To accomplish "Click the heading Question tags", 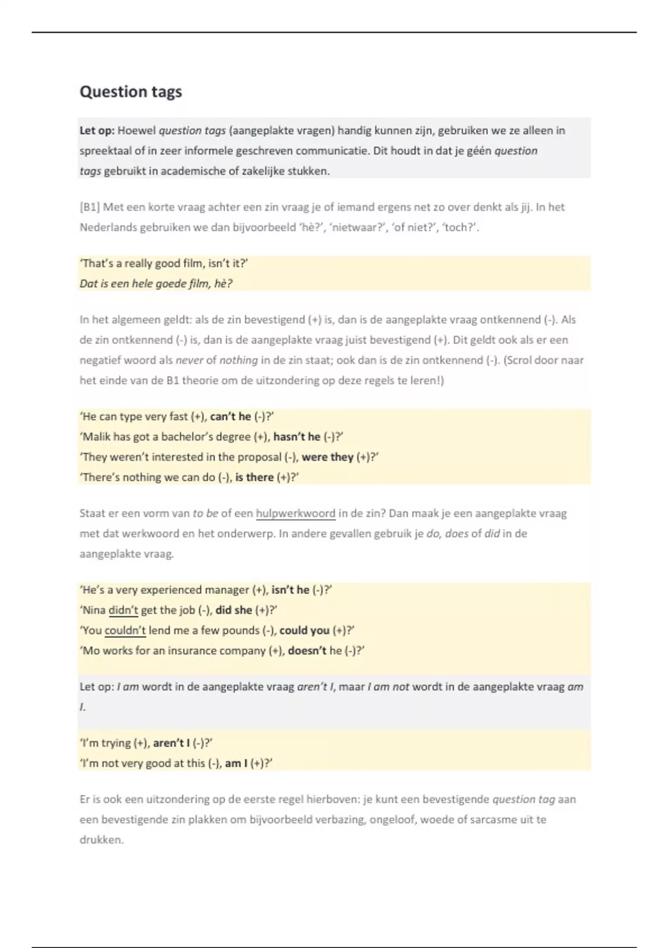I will [x=130, y=92].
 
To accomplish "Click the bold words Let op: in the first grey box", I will [x=97, y=131].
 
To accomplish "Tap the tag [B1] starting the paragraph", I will [x=89, y=207].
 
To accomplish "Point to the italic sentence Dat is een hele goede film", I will [x=156, y=284].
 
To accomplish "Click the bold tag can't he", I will [x=230, y=417].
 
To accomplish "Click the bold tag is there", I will [x=254, y=477].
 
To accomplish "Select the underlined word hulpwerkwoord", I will [x=295, y=514].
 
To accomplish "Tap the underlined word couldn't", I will [x=125, y=631].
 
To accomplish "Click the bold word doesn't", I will [x=307, y=651].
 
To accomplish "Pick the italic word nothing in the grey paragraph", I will [x=238, y=360].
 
